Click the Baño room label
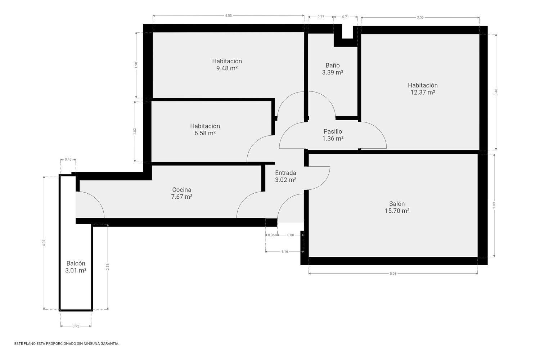pos(333,66)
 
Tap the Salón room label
pos(397,204)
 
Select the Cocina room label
pos(181,190)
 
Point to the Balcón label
pos(76,263)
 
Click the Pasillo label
pos(333,131)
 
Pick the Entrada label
pos(285,173)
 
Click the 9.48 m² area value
pos(227,68)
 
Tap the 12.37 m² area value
pos(423,93)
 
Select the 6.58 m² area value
pos(205,133)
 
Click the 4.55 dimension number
pos(228,16)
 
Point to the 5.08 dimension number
pos(393,274)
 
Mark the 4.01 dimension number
pos(44,243)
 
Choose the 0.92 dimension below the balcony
pos(76,326)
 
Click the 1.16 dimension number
pos(284,252)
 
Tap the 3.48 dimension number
pos(496,92)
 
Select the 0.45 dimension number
pos(68,159)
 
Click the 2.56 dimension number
pos(108,267)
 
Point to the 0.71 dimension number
pos(346,17)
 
